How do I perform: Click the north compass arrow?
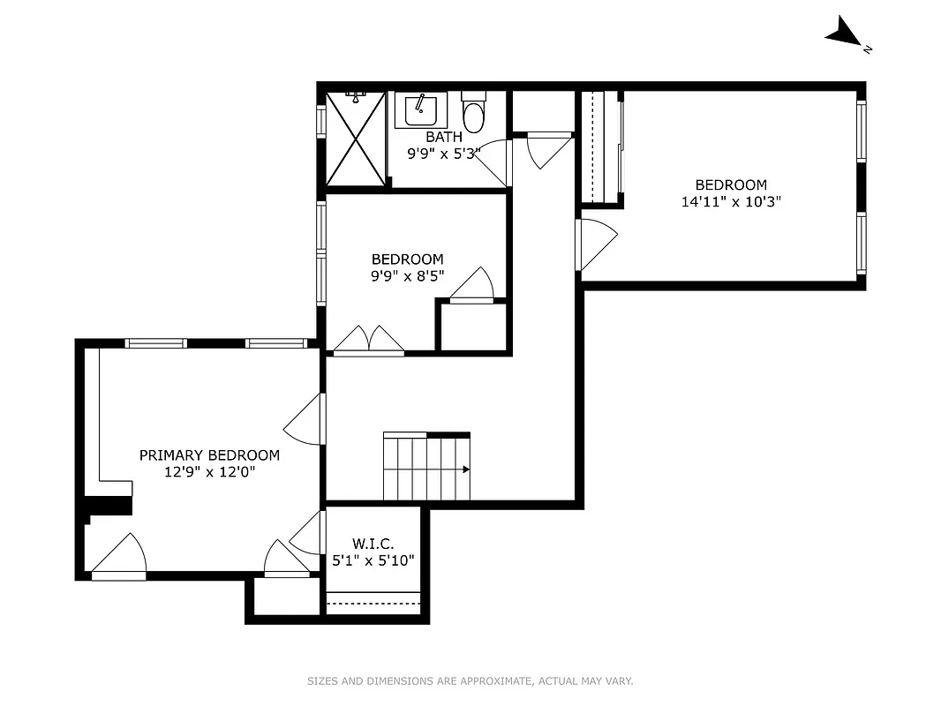(x=845, y=33)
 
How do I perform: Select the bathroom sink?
(x=420, y=110)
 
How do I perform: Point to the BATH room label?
(x=443, y=137)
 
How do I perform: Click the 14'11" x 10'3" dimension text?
(x=731, y=201)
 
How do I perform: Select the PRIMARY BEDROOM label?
(x=209, y=455)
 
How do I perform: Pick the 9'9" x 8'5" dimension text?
(x=407, y=275)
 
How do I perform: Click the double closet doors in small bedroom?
(x=368, y=342)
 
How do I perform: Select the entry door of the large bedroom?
(x=594, y=244)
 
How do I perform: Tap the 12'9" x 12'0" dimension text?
(x=209, y=472)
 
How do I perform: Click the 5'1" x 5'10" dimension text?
(x=373, y=560)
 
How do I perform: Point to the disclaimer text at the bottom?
(x=470, y=680)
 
